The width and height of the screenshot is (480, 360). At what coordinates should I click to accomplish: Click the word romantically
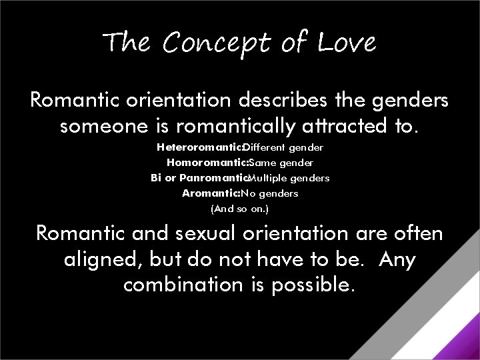pyautogui.click(x=224, y=127)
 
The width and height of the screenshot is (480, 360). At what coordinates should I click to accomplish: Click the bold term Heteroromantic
pyautogui.click(x=198, y=147)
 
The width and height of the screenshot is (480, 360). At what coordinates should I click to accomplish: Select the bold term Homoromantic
pyautogui.click(x=207, y=162)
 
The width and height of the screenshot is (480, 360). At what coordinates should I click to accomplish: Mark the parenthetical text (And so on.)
pyautogui.click(x=239, y=209)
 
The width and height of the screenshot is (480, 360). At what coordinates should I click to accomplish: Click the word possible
pyautogui.click(x=313, y=285)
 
